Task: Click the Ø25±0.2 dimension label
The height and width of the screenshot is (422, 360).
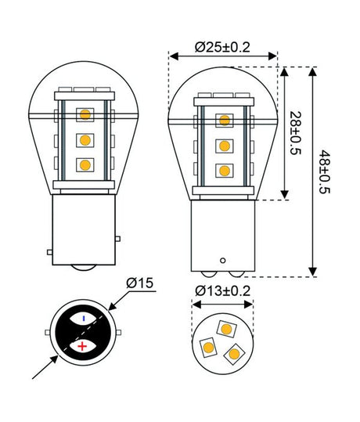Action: coord(222,48)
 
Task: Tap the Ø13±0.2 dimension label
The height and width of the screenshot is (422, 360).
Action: coord(222,291)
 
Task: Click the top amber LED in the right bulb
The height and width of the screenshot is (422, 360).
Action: coord(224,121)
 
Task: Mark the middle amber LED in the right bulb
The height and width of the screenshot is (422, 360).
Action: coord(224,146)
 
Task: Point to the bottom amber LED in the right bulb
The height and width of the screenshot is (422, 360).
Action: coord(224,170)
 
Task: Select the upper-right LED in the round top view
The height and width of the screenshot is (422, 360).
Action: coord(228,327)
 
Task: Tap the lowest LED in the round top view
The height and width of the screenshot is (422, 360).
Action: coord(232,354)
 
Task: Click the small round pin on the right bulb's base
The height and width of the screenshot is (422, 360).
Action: coord(223,259)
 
